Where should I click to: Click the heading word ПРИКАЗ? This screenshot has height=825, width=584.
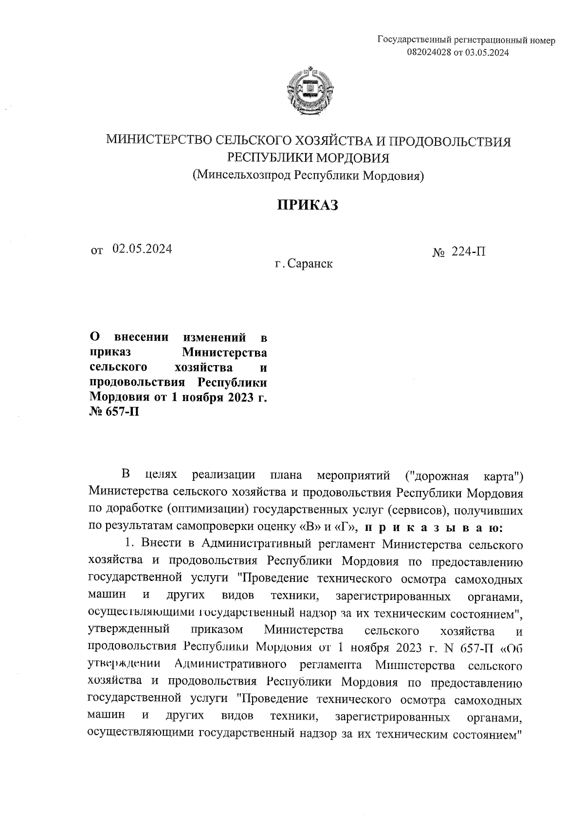click(x=308, y=205)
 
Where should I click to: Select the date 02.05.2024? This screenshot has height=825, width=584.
click(x=142, y=249)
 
